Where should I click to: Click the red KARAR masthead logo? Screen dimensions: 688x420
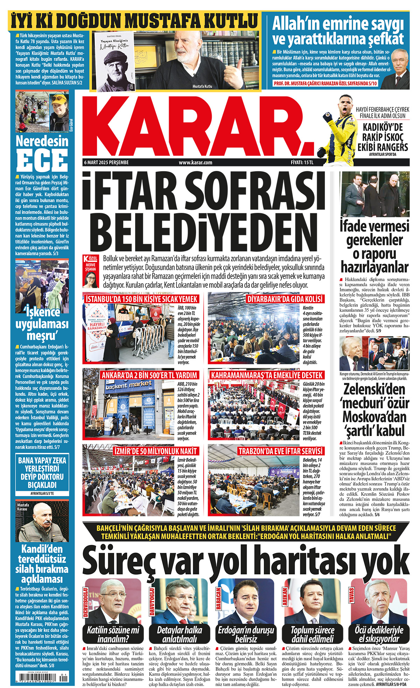[199, 126]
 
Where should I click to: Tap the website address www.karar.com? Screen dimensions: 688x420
[195, 163]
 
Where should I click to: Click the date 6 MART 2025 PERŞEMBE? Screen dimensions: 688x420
[106, 163]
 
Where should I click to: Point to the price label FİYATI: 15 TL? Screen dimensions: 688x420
[302, 163]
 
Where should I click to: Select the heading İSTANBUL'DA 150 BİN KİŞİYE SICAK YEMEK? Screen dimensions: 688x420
[142, 299]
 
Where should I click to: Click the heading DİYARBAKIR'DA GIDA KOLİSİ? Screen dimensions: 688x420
[285, 299]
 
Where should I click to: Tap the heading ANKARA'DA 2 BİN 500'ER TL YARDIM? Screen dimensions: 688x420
[149, 375]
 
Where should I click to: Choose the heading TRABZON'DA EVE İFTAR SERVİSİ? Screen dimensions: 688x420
[280, 451]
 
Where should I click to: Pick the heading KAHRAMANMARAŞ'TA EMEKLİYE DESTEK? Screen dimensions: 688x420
[267, 375]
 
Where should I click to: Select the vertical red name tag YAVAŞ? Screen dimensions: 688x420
[351, 595]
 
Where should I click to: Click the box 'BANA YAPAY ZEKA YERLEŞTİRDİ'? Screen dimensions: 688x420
[42, 472]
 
